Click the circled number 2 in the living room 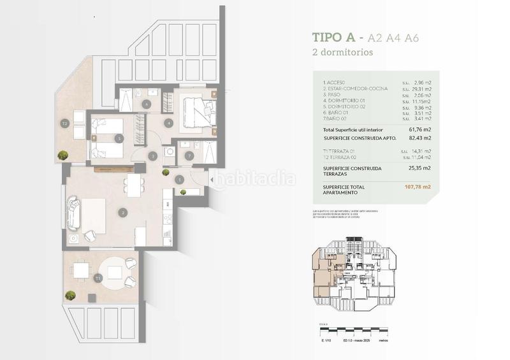tap(123, 212)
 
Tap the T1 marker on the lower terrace tap(97, 278)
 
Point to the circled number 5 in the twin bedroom tap(119, 138)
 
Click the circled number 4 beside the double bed tap(168, 122)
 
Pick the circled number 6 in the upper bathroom tap(147, 104)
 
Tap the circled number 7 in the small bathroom tap(188, 155)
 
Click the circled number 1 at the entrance tap(179, 180)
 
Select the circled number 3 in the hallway tap(152, 155)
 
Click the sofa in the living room tap(75, 213)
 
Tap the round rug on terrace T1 tap(114, 271)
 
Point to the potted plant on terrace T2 tap(62, 155)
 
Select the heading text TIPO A tap(336, 38)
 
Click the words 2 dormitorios tap(343, 52)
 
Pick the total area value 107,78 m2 tap(418, 187)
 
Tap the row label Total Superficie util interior tap(358, 129)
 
